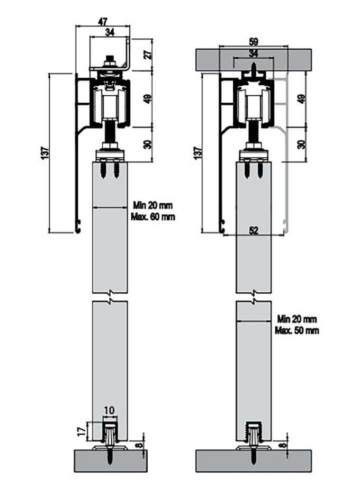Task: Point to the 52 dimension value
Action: tap(254, 230)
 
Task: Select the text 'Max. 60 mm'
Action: tap(153, 217)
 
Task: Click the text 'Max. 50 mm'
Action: tap(297, 331)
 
